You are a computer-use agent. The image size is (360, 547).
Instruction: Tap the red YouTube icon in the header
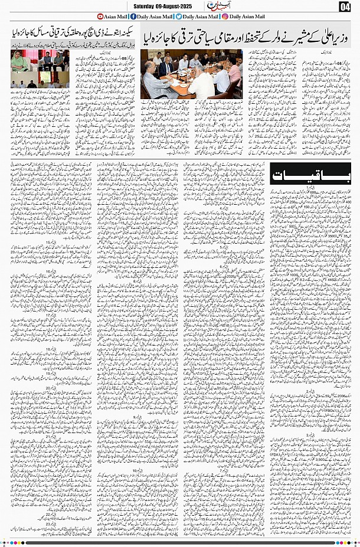tap(100, 17)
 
